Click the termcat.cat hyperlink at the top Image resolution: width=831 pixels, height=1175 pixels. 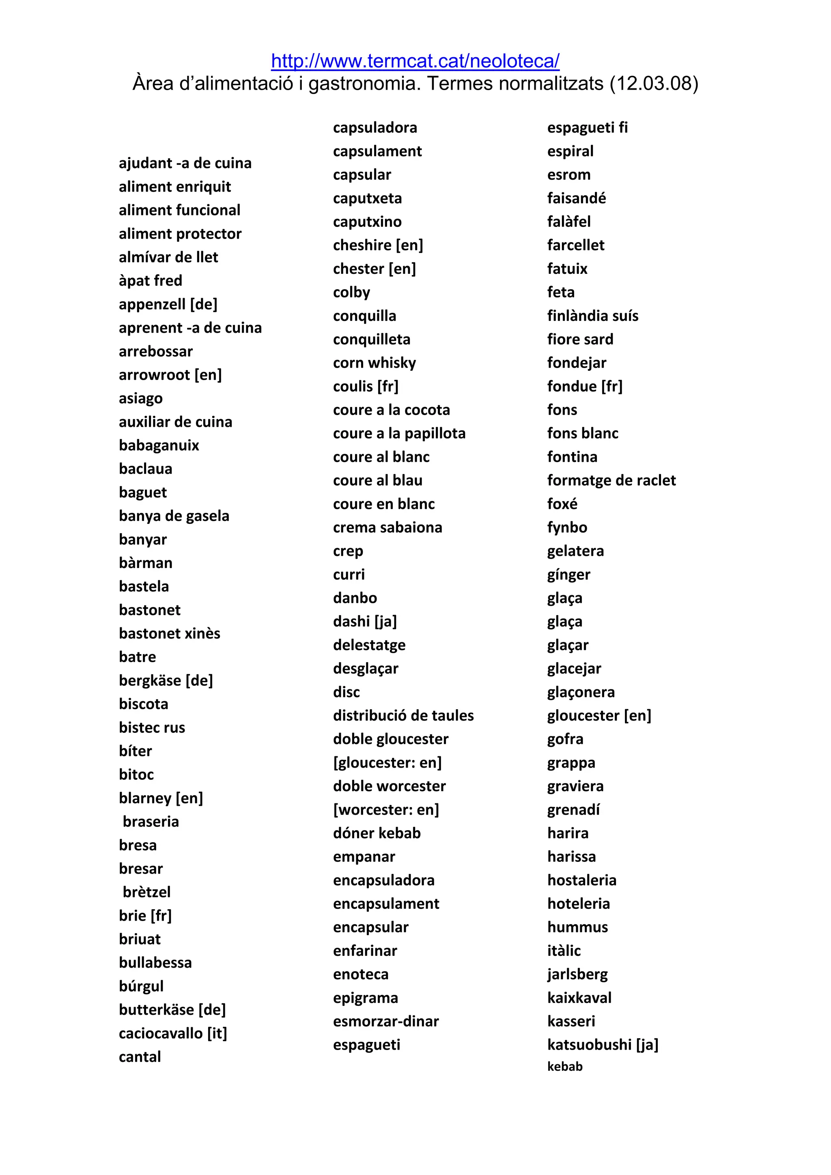415,61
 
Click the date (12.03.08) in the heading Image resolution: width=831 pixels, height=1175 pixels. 653,84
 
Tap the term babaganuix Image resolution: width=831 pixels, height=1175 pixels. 159,445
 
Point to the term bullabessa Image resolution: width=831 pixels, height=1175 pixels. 155,963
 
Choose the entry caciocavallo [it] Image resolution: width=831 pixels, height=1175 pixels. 172,1033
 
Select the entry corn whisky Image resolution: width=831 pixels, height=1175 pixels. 374,363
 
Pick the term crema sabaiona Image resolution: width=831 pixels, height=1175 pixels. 388,527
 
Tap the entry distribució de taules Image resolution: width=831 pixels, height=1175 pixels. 403,715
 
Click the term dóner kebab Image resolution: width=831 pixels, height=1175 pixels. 377,833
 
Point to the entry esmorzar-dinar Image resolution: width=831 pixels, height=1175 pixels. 386,1022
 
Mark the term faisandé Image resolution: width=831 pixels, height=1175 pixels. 576,198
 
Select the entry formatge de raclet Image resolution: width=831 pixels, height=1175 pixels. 611,480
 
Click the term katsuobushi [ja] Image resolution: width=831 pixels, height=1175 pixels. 602,1044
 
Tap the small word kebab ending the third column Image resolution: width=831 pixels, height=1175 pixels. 564,1067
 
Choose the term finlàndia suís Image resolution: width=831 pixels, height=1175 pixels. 592,316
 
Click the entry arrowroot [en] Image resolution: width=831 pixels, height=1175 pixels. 170,374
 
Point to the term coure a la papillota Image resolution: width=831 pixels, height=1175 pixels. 399,433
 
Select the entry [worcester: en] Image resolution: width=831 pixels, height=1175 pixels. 386,809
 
